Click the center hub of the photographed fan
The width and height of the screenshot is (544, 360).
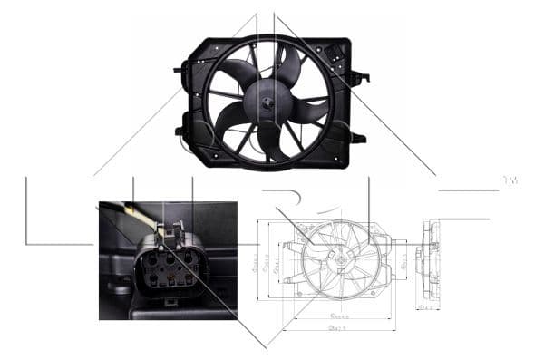(268, 102)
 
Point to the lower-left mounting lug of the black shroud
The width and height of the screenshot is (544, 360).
(187, 135)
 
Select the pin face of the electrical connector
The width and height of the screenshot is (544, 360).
(169, 268)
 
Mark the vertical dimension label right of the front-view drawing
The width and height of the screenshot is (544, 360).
(403, 261)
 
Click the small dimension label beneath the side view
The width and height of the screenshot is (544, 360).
(426, 307)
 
